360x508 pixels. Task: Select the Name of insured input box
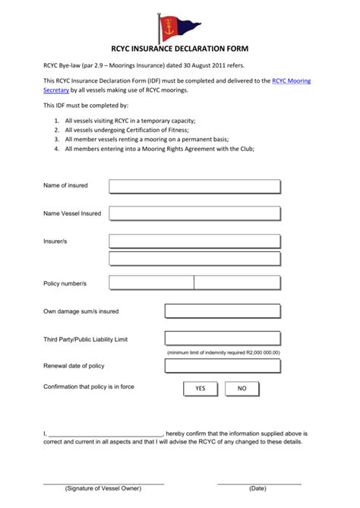coord(194,186)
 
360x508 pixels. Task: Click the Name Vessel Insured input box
coord(194,214)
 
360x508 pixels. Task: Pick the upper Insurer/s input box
coord(194,241)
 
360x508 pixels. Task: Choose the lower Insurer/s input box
coord(194,258)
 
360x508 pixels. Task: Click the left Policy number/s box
coord(151,282)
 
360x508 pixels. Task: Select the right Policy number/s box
coord(237,282)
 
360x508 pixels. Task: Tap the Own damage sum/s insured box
coord(223,311)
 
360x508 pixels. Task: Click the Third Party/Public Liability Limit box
coord(223,339)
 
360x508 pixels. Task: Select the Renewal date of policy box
coord(223,366)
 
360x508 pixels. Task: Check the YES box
coord(201,388)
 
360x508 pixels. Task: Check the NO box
coord(242,388)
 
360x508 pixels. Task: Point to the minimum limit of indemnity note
coord(223,352)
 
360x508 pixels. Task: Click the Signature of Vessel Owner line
coord(103,483)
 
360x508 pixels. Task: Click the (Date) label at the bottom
coord(257,489)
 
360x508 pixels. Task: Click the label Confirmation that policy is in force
coord(89,387)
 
